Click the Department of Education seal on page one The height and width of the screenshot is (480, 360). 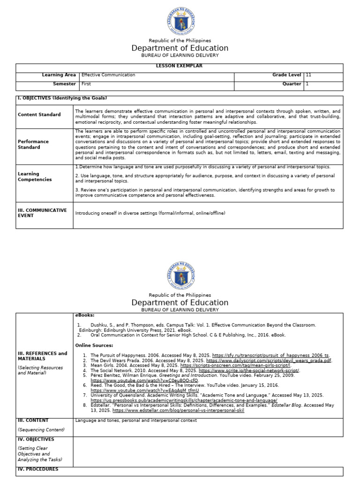[x=180, y=21]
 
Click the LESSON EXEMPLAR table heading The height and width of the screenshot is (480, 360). [x=180, y=66]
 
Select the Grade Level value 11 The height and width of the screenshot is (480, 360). [x=308, y=75]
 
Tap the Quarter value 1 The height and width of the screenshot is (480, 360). [x=307, y=84]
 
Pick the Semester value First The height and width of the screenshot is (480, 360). [x=86, y=84]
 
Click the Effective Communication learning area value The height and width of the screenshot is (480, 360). [x=108, y=75]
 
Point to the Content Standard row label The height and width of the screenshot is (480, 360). [x=39, y=114]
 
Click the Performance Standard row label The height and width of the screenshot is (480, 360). [x=33, y=144]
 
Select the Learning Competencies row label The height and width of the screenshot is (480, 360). [x=35, y=177]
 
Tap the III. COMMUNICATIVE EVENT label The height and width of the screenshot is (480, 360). [x=42, y=213]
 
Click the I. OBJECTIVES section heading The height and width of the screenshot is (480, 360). [x=62, y=98]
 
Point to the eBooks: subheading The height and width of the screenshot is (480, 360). [x=85, y=315]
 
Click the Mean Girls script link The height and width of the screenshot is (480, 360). [x=235, y=366]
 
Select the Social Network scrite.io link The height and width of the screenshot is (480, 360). [x=249, y=370]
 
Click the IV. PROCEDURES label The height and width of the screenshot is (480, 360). [x=38, y=469]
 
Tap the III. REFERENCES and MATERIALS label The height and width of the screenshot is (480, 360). [x=42, y=356]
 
